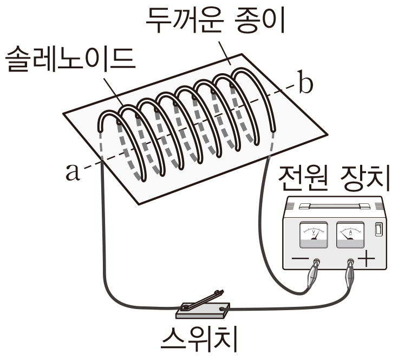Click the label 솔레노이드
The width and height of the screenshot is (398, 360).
69,61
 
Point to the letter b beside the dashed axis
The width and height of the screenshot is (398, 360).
306,85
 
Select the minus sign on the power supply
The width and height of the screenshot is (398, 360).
300,260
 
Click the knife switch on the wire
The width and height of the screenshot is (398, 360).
203,305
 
